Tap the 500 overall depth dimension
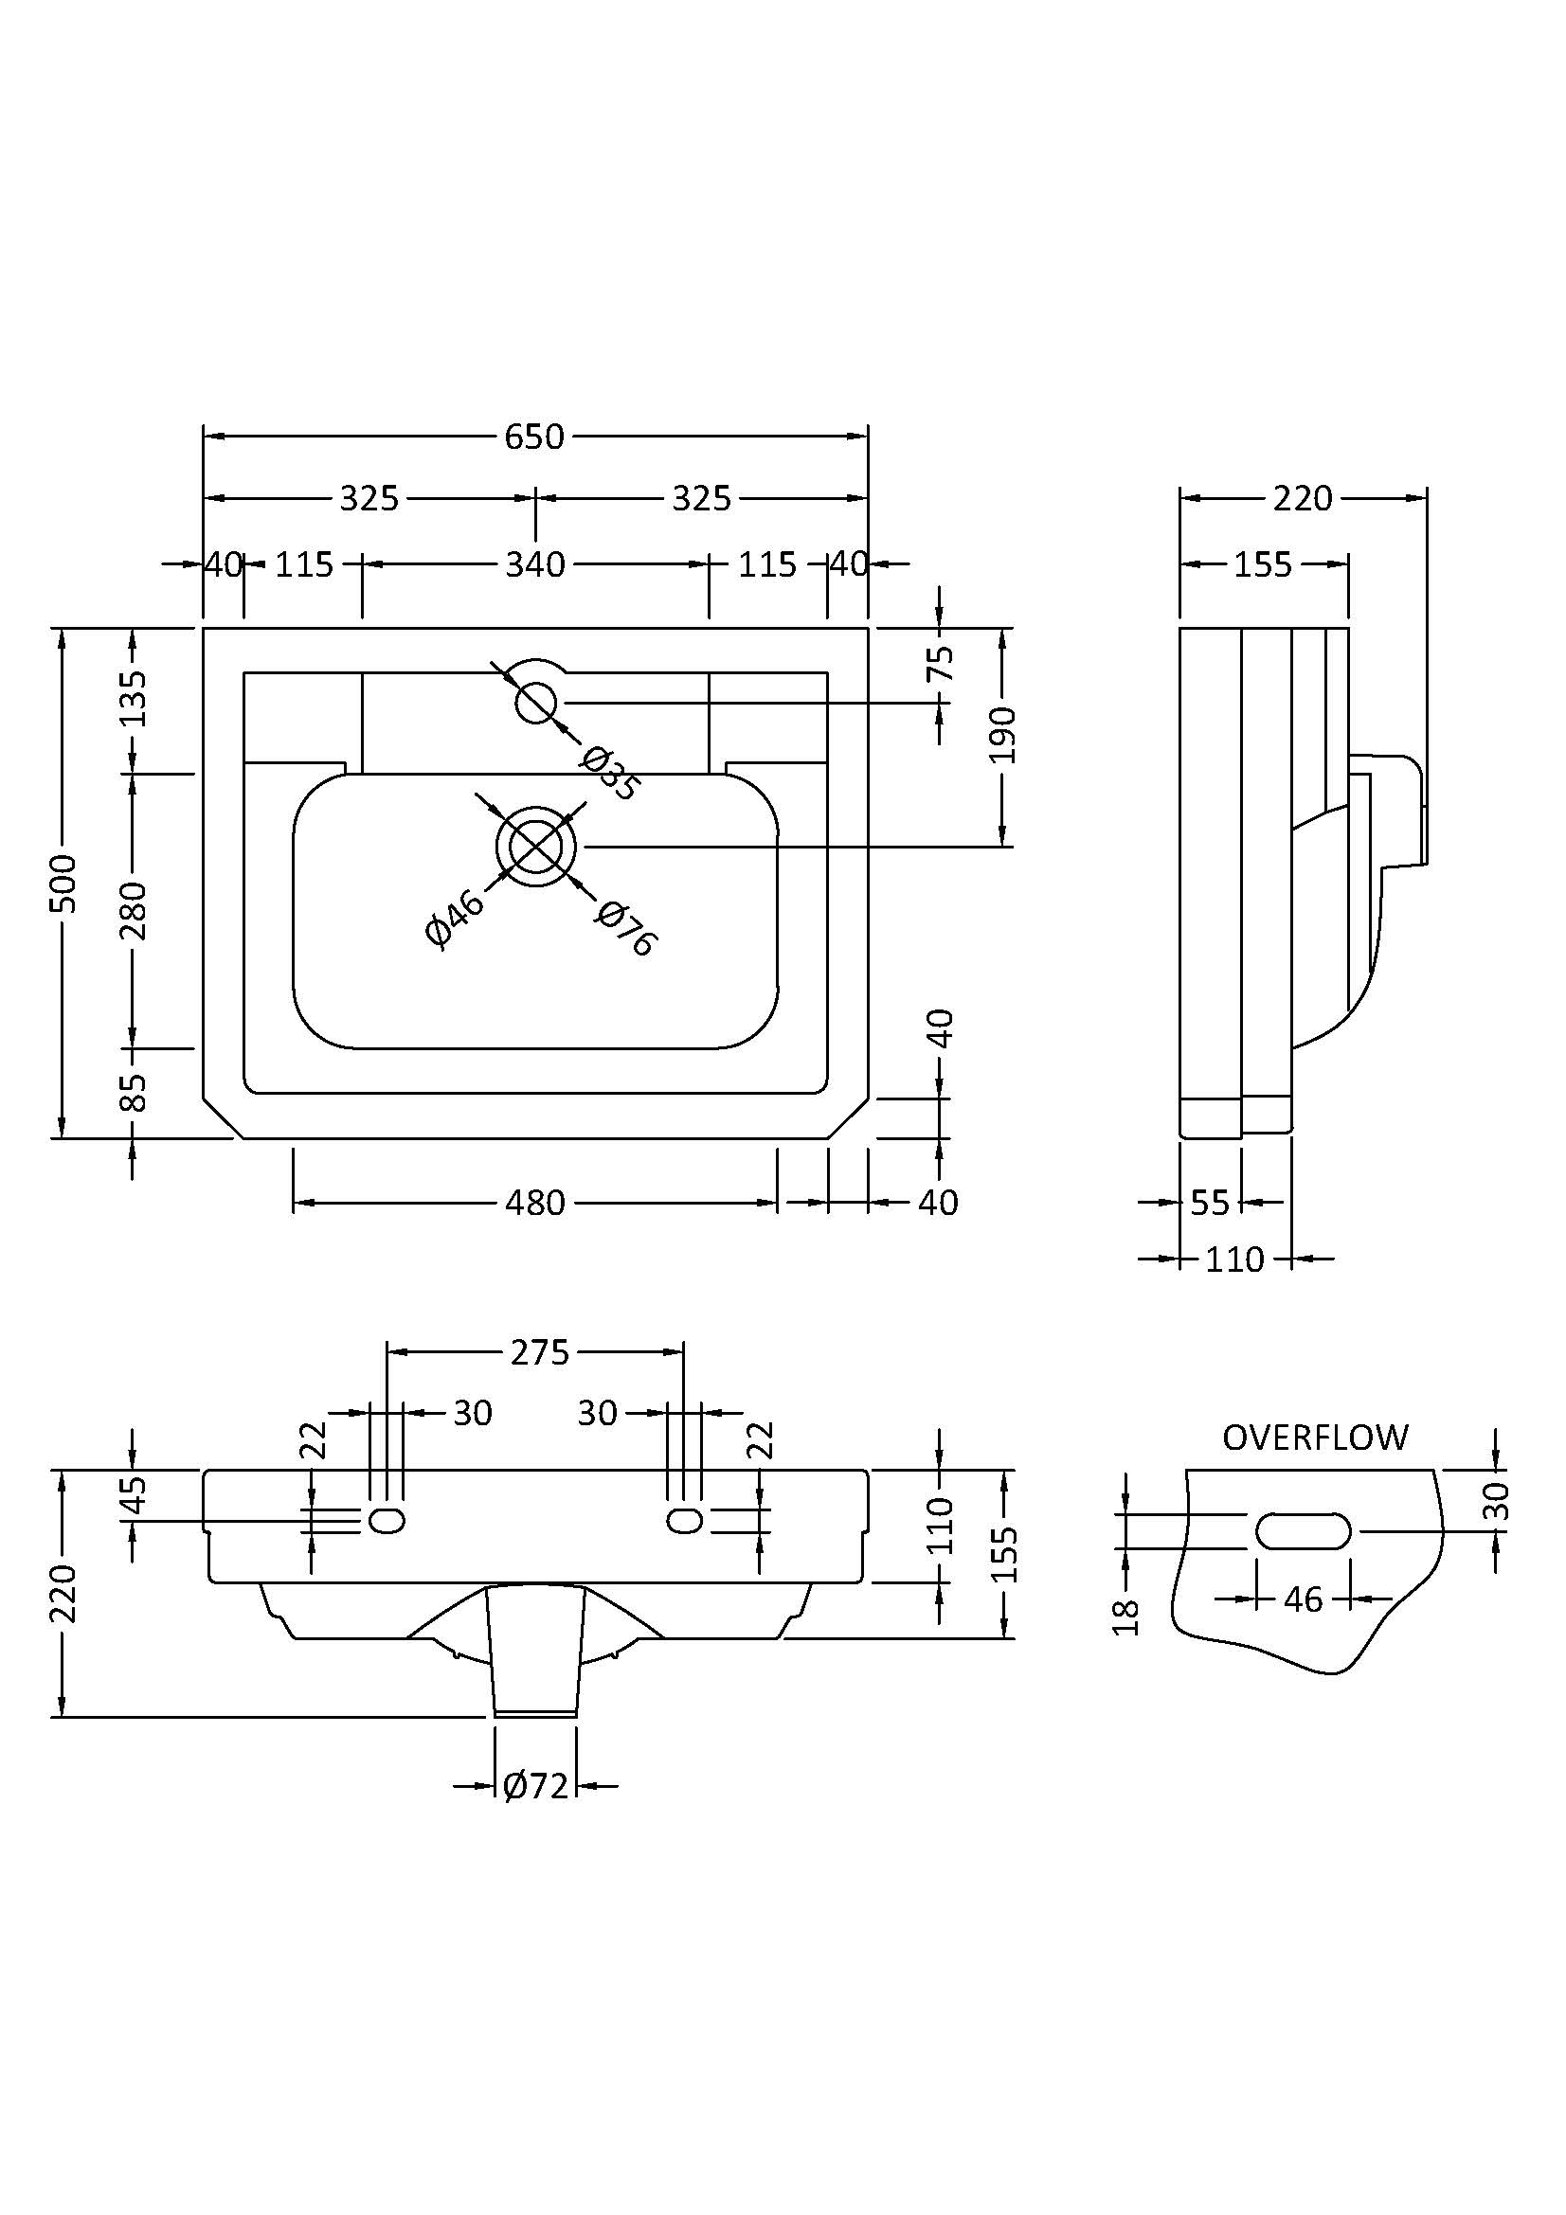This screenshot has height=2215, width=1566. [64, 883]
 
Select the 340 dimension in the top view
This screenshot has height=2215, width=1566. [534, 564]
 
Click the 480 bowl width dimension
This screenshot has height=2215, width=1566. [534, 1203]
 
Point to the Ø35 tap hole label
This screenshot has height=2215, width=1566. [609, 774]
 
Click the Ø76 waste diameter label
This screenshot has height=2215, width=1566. [626, 928]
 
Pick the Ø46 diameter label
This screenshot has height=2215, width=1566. [454, 920]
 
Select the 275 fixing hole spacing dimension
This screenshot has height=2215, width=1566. [540, 1352]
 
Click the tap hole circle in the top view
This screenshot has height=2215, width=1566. [536, 704]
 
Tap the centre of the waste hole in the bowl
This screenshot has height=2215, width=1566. [536, 847]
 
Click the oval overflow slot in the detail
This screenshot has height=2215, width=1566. [1303, 1531]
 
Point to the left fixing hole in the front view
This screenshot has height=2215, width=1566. [387, 1522]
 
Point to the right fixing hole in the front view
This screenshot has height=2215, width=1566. [684, 1522]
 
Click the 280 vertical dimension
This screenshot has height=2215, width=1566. [133, 910]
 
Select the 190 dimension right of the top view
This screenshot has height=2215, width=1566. [1003, 735]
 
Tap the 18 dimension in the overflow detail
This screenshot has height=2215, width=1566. [1126, 1617]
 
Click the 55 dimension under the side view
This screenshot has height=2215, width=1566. [1210, 1203]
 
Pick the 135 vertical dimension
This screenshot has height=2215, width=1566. [133, 699]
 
